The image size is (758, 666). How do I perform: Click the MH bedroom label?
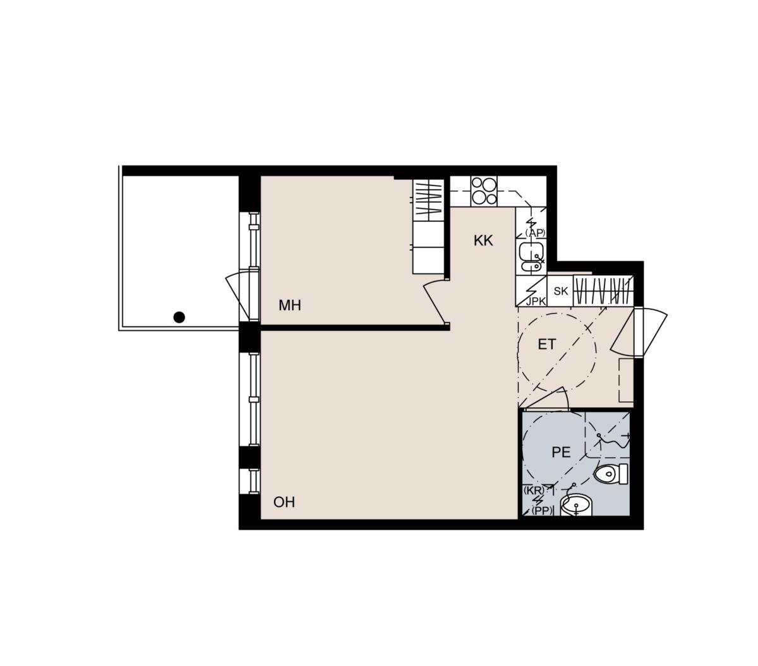[x=289, y=306]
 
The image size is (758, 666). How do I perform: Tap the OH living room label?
[x=284, y=502]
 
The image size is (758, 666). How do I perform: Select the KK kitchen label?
[x=483, y=241]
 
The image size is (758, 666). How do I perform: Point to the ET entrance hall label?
[x=546, y=345]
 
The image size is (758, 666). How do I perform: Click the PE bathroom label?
[x=561, y=453]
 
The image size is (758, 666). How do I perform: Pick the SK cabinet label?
[x=560, y=291]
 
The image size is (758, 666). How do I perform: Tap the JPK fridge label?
[x=536, y=301]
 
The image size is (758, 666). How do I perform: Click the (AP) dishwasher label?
[x=536, y=232]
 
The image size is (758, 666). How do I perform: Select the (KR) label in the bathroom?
[x=534, y=491]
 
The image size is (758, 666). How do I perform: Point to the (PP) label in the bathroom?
[x=542, y=511]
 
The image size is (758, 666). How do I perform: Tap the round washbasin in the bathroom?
[x=576, y=505]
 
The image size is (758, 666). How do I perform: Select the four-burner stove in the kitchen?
[x=484, y=191]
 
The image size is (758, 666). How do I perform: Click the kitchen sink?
[x=531, y=258]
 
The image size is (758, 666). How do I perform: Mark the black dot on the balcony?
[x=179, y=317]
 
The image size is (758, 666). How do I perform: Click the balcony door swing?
[x=242, y=296]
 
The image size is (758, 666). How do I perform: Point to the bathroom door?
[x=544, y=398]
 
